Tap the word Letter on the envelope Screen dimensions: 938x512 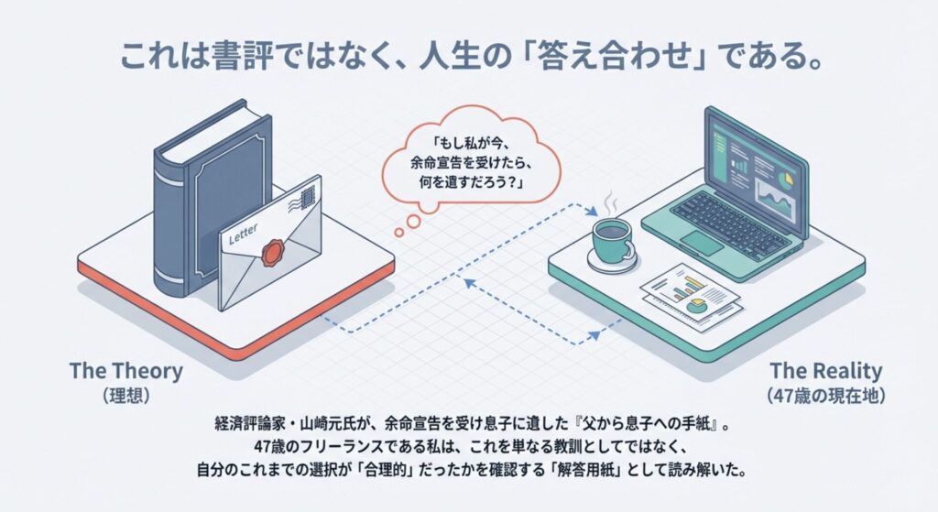pos(244,234)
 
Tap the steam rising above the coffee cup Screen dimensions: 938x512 pos(609,204)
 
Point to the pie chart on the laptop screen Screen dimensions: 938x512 pos(787,178)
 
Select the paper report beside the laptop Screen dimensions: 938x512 pos(692,296)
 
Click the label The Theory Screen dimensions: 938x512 pos(126,371)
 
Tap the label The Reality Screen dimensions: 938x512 pos(825,371)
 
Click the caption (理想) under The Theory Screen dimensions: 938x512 pos(125,396)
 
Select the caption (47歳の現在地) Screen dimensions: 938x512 pos(825,396)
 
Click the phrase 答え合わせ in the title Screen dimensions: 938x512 pos(616,58)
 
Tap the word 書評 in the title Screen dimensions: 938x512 pos(241,58)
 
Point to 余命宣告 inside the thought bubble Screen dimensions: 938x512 pos(439,163)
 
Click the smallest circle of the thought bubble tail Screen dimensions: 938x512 pos(399,233)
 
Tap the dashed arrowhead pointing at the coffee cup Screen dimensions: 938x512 pos(592,212)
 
